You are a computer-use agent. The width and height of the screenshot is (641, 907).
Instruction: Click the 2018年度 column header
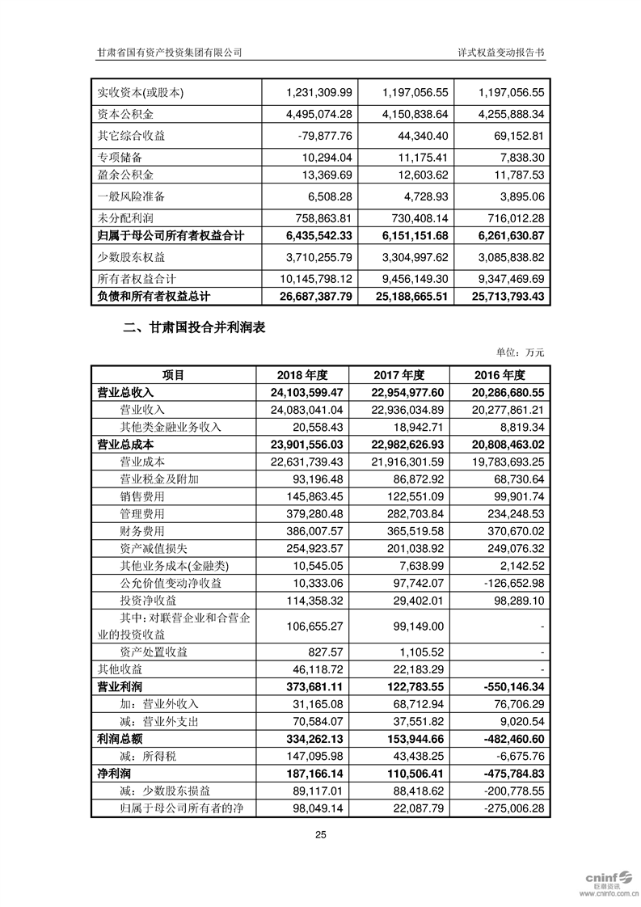tap(302, 375)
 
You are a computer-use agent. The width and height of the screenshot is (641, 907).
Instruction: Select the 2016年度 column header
tap(501, 375)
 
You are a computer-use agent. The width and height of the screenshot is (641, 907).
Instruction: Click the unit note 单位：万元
tap(521, 352)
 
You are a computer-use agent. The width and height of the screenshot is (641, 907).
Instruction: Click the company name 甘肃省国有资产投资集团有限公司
tap(169, 51)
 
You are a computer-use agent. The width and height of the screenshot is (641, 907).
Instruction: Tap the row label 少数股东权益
tap(131, 257)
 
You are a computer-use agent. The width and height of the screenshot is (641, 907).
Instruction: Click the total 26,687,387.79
tap(304, 297)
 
